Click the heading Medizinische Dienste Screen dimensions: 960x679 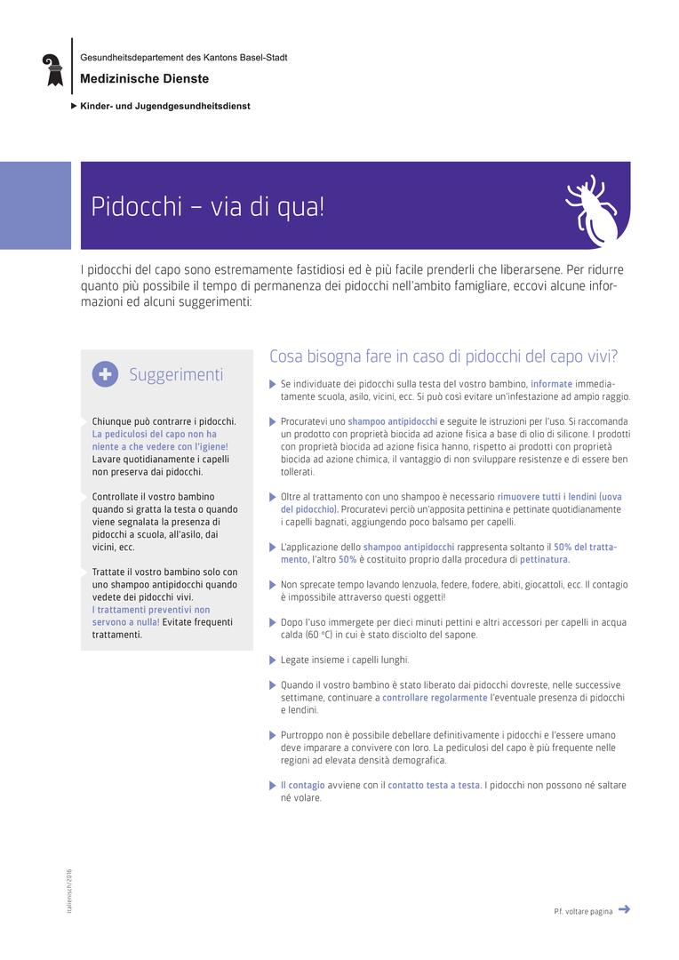coord(144,79)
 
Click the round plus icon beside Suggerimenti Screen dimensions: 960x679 coord(105,374)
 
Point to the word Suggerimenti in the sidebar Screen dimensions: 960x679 coord(176,374)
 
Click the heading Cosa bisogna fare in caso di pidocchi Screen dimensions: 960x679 coord(443,356)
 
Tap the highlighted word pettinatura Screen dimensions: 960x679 coord(545,559)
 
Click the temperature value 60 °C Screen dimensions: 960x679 coord(319,635)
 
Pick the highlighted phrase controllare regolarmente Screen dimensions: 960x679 coord(435,698)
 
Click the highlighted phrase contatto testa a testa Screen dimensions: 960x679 coord(434,785)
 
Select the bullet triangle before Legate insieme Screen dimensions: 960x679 coord(273,660)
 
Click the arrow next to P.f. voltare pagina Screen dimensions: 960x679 coord(624,908)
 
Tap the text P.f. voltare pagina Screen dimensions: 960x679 coord(582,911)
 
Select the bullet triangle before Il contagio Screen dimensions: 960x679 coord(273,786)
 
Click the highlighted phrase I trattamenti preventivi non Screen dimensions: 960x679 coord(151,610)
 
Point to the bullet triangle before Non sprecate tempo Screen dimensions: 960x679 coord(273,585)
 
